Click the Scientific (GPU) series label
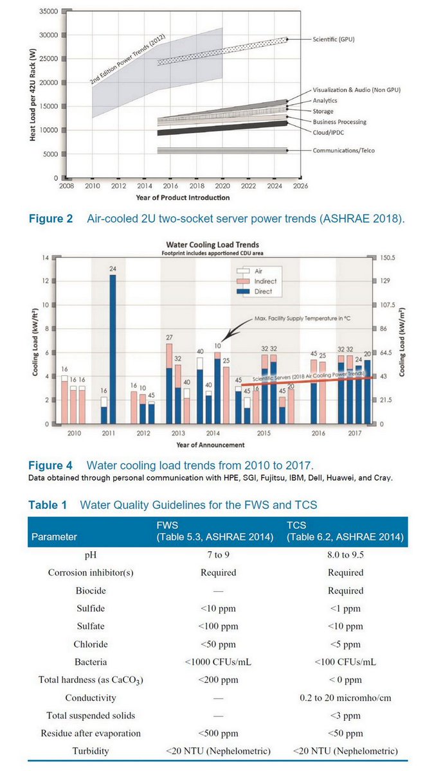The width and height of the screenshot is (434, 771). pos(333,39)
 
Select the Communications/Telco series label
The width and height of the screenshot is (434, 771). pos(343,150)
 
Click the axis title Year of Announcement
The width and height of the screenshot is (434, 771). pos(210,445)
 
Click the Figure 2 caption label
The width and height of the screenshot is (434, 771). pos(51,219)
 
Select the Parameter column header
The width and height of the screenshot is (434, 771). pos(54,536)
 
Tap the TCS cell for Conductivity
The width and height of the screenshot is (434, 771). pos(346,697)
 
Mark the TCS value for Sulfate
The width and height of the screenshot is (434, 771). pos(346,626)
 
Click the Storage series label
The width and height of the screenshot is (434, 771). pos(323,111)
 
